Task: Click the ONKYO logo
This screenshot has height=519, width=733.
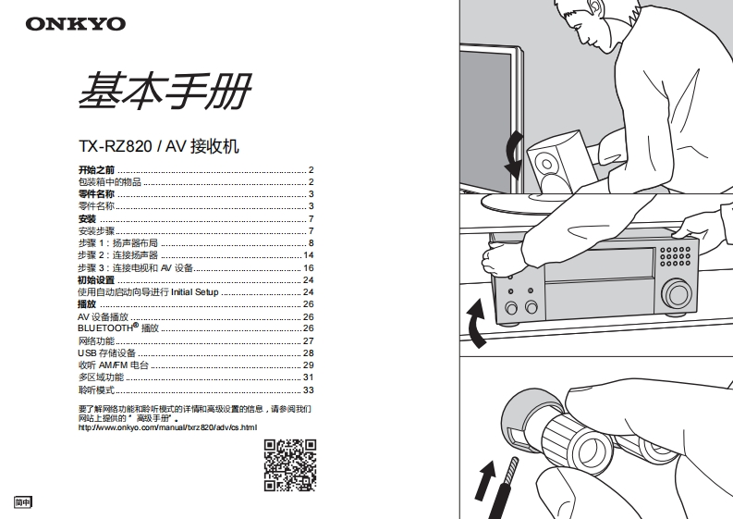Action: [x=75, y=24]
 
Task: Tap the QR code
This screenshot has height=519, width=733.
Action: [x=290, y=464]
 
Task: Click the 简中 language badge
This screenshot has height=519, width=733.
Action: [x=22, y=502]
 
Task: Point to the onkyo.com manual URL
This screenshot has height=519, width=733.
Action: [x=166, y=426]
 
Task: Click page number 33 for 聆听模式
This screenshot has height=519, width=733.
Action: [x=309, y=390]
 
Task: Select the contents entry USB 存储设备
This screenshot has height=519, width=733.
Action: [x=106, y=352]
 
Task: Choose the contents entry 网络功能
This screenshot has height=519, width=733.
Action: [x=96, y=340]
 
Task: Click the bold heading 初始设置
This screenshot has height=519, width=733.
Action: [x=96, y=279]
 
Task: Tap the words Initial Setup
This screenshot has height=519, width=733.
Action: [x=194, y=292]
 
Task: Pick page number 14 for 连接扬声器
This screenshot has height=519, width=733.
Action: [x=309, y=255]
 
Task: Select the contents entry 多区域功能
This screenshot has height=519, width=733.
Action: [x=101, y=377]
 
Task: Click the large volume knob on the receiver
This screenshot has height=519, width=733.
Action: [x=677, y=293]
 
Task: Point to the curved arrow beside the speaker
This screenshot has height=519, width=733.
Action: [x=512, y=154]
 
